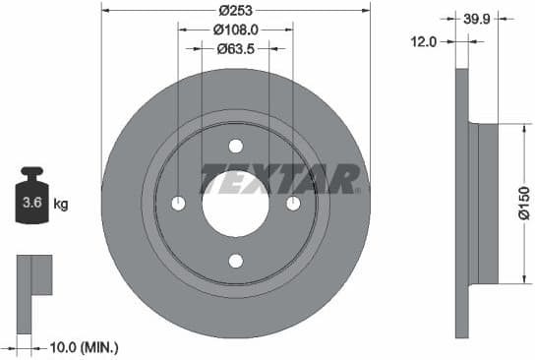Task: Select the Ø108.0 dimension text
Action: (236, 30)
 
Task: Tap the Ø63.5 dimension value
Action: (236, 48)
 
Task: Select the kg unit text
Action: (61, 205)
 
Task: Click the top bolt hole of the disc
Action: (236, 146)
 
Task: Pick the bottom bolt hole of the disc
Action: (236, 261)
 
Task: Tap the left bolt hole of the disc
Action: (178, 204)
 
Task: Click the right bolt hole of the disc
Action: (293, 204)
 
